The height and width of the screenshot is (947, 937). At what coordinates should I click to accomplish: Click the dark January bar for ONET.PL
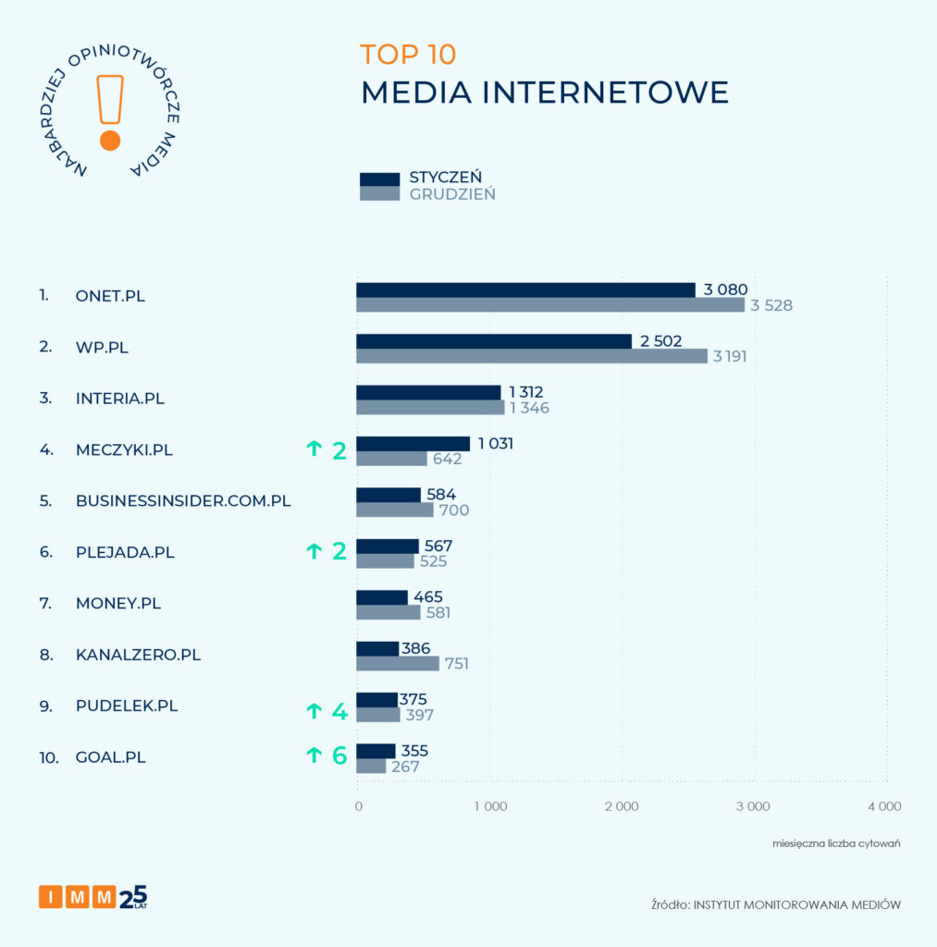(525, 289)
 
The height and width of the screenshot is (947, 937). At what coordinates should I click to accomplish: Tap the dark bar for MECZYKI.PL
(413, 444)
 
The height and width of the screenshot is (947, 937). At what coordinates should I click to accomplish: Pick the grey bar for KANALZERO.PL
(398, 663)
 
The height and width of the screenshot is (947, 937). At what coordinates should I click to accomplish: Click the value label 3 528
(771, 305)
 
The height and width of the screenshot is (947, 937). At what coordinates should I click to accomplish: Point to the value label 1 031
(495, 444)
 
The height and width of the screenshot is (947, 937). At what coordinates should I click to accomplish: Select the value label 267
(405, 767)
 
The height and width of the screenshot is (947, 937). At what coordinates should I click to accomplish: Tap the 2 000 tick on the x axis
(622, 806)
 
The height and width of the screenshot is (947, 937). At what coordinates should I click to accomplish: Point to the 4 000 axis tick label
(883, 806)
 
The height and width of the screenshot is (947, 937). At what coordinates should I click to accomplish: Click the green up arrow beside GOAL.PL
(314, 756)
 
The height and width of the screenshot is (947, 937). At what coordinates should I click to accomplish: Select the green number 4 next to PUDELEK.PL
(339, 712)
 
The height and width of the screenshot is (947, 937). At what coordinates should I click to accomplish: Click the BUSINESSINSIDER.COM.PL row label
(183, 501)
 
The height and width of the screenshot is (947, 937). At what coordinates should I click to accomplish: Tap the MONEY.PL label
(118, 603)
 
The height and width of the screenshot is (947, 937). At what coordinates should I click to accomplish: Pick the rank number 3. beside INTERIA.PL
(44, 399)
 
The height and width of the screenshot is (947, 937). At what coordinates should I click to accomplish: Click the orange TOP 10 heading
(408, 55)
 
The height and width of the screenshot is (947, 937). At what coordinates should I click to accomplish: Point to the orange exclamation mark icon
(110, 111)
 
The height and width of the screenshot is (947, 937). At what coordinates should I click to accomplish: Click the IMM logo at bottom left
(92, 897)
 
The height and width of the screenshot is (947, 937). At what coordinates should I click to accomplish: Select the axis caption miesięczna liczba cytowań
(836, 843)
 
